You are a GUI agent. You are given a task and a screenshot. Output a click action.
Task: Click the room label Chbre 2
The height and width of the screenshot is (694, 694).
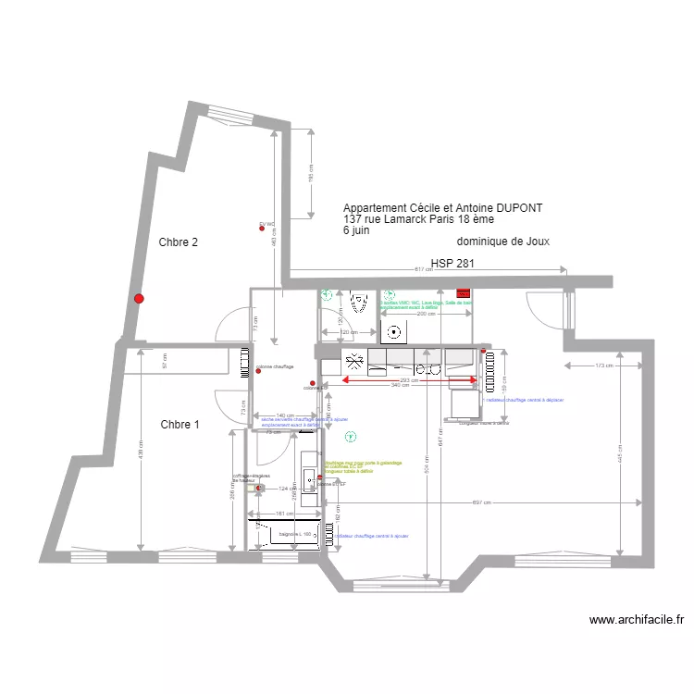pos(179,243)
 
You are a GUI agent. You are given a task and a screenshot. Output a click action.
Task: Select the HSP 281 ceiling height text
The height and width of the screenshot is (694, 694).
pos(452,264)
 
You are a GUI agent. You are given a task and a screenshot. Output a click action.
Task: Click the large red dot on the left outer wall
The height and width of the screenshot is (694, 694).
pos(139,298)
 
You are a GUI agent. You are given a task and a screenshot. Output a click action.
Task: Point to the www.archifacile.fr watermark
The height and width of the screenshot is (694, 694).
pos(637,620)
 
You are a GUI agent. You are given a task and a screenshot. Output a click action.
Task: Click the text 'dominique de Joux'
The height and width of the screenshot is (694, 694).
pos(503,241)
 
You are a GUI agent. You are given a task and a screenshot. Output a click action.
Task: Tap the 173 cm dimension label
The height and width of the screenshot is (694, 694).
pos(604,367)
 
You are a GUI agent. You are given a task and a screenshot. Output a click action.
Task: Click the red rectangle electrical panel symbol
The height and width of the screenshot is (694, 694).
pos(463,295)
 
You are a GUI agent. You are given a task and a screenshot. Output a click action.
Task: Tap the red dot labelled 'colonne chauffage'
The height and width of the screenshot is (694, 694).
pos(258,372)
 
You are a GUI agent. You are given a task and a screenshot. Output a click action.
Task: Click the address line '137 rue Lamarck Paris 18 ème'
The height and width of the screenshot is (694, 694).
pos(418,219)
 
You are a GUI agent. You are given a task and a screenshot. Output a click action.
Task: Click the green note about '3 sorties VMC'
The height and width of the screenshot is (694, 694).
pos(426,303)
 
